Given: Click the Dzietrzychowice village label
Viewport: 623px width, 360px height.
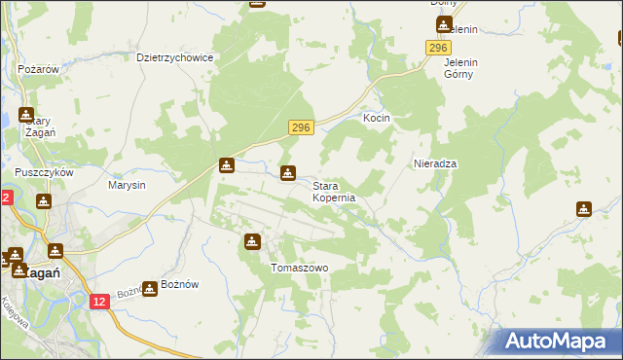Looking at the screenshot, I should (x=175, y=57).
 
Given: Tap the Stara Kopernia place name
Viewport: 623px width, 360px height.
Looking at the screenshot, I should (x=334, y=191).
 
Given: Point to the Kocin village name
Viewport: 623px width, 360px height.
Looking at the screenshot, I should (x=377, y=118).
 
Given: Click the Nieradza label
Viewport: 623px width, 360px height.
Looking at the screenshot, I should (x=435, y=163).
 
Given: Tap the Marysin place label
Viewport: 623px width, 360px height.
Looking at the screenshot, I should (x=127, y=185).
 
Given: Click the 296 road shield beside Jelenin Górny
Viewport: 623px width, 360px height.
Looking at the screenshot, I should (x=438, y=49).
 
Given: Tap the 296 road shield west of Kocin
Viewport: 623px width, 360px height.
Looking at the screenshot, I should (x=301, y=127).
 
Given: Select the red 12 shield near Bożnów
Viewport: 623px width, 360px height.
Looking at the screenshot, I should (x=99, y=303).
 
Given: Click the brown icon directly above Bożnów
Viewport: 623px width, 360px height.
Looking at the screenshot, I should (x=149, y=288).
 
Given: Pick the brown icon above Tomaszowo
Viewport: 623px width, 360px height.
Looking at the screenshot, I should (x=253, y=241).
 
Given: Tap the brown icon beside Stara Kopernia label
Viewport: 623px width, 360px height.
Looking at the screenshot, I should (x=288, y=173).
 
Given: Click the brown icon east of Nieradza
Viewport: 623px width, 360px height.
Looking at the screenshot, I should (x=583, y=208).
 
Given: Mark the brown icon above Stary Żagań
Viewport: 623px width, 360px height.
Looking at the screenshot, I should (x=25, y=114).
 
